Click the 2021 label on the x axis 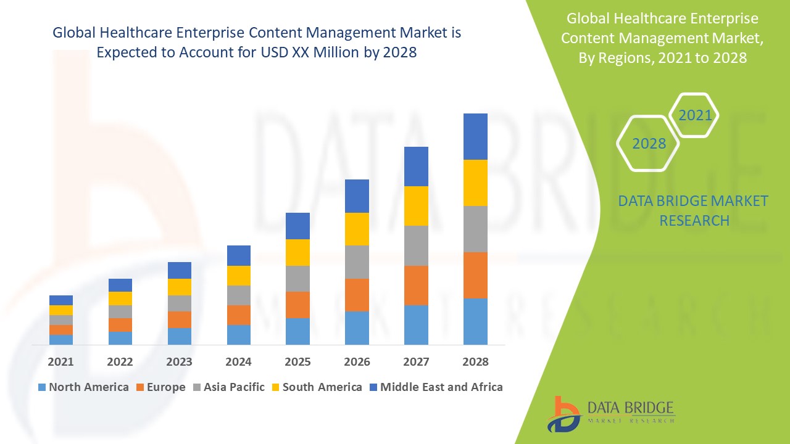60,362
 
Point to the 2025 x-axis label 297,362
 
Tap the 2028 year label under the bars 475,362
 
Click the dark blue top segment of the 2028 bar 475,136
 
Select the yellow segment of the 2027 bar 416,206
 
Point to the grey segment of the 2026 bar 357,262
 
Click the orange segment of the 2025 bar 297,305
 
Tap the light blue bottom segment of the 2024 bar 238,334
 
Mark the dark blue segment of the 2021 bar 60,300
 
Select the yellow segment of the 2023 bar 179,287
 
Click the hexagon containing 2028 648,143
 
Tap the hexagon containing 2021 694,115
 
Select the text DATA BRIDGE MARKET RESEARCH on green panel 694,210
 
